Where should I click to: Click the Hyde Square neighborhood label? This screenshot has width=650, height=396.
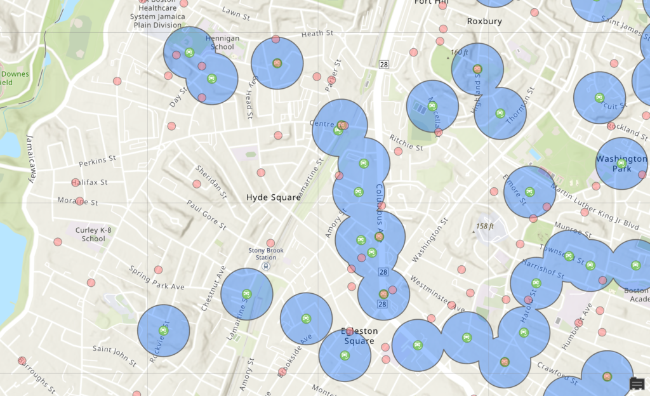[273, 197]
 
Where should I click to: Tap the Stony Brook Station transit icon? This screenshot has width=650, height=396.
[266, 267]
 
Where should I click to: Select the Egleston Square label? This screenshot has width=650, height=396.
[359, 336]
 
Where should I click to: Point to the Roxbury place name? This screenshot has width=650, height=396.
[484, 21]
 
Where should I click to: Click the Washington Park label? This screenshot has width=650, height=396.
[621, 164]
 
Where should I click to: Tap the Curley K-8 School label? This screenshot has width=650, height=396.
[93, 234]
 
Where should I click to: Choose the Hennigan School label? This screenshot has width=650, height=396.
[223, 43]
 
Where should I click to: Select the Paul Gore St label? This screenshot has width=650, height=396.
[206, 214]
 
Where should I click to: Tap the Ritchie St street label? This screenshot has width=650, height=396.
[406, 142]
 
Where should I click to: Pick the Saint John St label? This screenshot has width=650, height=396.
[114, 356]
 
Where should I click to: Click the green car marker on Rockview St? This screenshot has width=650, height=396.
[164, 331]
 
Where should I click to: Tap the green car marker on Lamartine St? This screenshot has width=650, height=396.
[247, 294]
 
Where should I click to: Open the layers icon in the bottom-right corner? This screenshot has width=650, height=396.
[637, 383]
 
